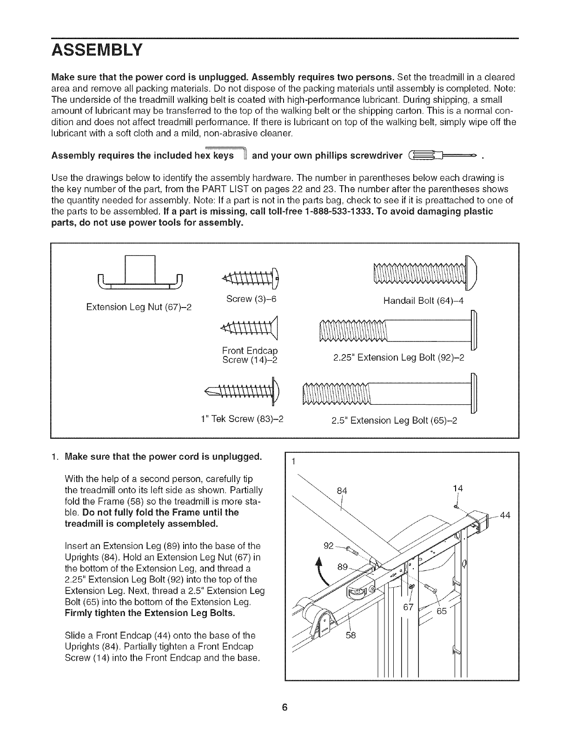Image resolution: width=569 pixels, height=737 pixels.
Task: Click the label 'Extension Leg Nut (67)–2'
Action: [x=139, y=308]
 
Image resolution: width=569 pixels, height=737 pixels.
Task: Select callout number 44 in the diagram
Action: [x=505, y=515]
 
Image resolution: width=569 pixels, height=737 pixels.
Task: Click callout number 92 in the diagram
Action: [x=329, y=545]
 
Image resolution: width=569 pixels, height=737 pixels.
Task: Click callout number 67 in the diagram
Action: [x=408, y=608]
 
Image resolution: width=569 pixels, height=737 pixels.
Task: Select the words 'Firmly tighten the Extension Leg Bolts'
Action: [x=151, y=613]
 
